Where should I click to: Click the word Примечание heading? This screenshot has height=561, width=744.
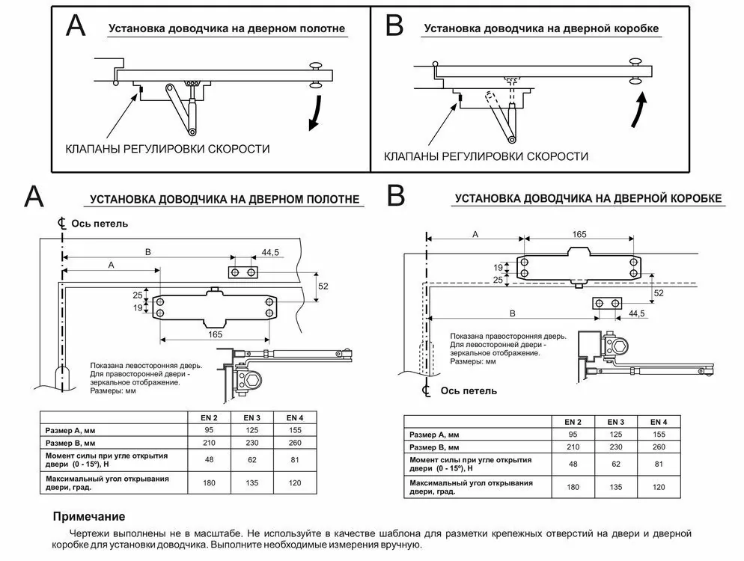point(89,516)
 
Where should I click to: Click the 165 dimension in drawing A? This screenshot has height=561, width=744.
point(215,334)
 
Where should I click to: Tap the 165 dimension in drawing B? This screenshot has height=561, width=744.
point(579,234)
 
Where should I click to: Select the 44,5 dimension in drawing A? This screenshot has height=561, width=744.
point(270,252)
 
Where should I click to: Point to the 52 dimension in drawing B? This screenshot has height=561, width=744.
point(659,293)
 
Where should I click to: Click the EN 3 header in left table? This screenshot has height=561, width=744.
point(252,418)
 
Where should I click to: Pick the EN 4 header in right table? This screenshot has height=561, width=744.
point(659,422)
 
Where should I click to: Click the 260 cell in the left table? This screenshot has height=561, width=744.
point(295,443)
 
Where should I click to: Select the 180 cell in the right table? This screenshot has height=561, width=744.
point(573,487)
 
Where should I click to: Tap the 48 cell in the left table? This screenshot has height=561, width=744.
point(209,459)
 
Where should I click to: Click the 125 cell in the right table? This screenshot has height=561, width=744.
point(616,435)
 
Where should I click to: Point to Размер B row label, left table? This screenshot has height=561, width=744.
point(70,444)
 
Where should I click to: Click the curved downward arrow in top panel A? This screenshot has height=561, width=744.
point(316,112)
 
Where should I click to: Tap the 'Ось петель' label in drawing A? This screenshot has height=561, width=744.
point(100,224)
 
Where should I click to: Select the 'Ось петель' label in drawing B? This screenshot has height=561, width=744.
point(469,390)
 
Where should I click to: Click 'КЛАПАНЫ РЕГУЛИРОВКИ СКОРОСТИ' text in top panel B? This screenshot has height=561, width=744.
point(486,156)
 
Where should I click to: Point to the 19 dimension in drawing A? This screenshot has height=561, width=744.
point(138,308)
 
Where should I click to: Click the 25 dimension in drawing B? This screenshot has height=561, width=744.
point(497,280)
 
